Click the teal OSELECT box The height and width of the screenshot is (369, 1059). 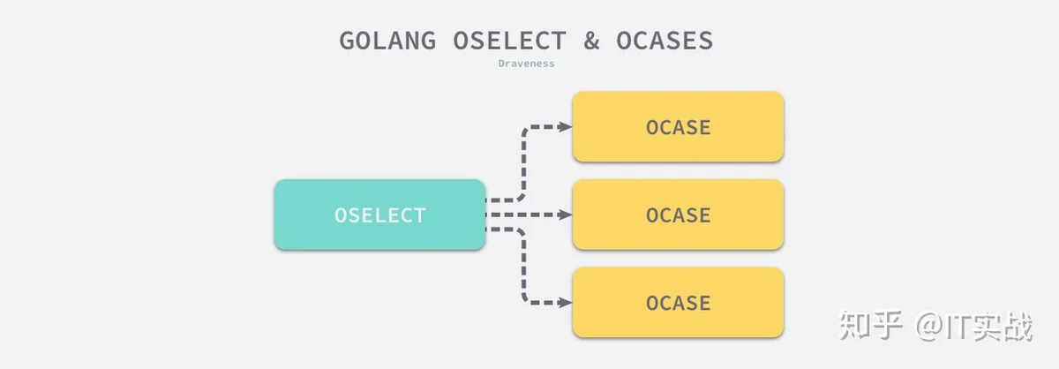coord(379,215)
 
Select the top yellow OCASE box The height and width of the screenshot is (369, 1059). coord(678,127)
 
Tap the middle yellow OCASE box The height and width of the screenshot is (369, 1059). coord(678,215)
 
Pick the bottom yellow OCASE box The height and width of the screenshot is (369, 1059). coord(678,303)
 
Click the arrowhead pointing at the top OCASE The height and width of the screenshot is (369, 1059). coord(565,127)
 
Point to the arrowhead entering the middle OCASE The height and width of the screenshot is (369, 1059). coord(565,215)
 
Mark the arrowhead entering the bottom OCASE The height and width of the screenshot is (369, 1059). coord(565,303)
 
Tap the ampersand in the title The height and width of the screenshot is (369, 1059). coord(591,41)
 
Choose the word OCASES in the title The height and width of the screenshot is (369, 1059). coord(666,41)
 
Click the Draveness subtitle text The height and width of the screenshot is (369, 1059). coord(526,64)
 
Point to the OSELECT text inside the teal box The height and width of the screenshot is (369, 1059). coord(379,215)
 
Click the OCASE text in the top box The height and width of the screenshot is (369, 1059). coord(678,128)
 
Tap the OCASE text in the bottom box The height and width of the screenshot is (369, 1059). coord(678,304)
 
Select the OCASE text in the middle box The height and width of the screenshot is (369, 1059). coord(678,215)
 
